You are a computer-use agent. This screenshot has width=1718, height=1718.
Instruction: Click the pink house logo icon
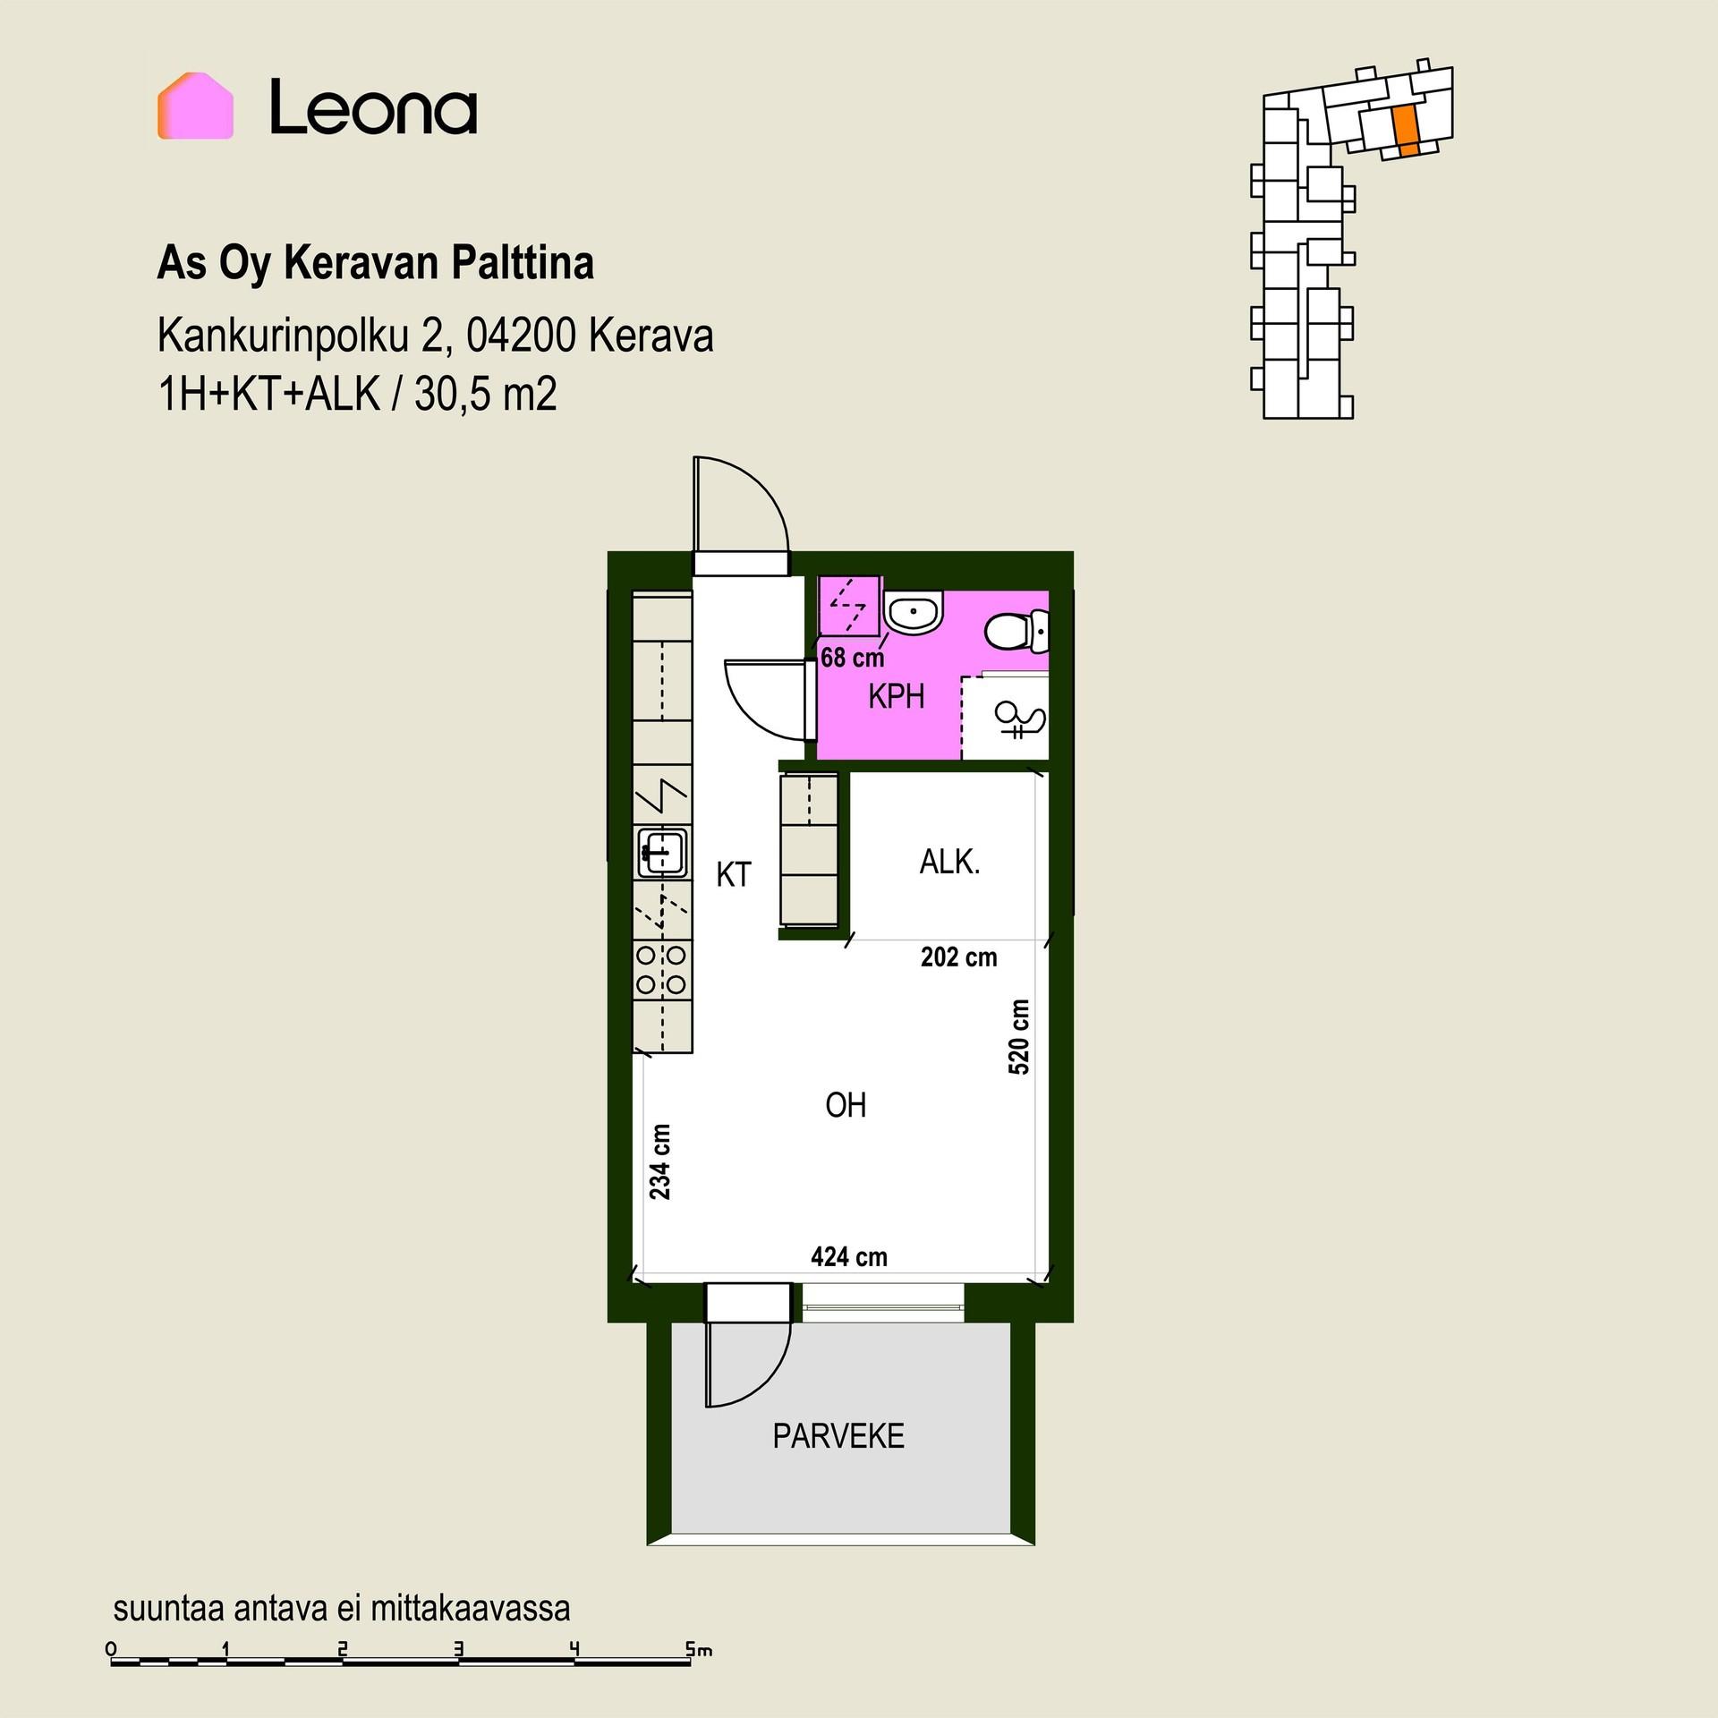coord(195,106)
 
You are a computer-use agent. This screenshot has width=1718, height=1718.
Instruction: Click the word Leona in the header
coord(373,106)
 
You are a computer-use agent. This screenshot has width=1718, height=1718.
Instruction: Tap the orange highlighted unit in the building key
coord(1407,131)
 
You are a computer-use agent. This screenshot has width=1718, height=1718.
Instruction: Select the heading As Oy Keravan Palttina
coord(376,264)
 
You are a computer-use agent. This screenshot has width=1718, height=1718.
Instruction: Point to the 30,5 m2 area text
coord(486,395)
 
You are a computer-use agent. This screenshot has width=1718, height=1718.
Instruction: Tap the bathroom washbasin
coord(913,613)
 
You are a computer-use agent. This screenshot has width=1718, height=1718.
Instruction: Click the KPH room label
coord(896,696)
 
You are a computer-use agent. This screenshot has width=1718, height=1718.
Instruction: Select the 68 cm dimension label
coord(852,658)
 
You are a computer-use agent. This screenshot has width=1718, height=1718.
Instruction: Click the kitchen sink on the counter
coord(663,852)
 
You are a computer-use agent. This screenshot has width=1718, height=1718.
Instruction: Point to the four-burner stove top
coord(662,971)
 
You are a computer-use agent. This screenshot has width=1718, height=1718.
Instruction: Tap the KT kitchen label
coord(734,874)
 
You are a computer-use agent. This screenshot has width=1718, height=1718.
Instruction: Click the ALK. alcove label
coord(950,863)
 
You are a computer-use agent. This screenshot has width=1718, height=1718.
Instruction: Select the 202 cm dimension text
coord(959,957)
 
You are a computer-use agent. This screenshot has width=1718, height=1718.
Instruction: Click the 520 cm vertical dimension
coord(1019,1036)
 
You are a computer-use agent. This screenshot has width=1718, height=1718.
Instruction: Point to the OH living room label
coord(846,1106)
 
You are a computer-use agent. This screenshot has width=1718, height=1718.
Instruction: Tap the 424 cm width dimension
coord(849,1257)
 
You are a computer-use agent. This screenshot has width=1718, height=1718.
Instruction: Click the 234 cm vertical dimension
coord(660,1161)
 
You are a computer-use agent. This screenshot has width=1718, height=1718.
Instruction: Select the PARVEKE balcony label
coord(838,1437)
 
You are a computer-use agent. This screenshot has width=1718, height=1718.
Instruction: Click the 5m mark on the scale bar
coord(699,1648)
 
